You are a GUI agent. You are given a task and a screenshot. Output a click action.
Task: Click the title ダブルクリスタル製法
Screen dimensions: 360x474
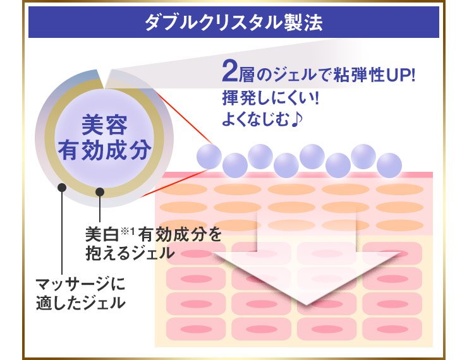tap(233, 23)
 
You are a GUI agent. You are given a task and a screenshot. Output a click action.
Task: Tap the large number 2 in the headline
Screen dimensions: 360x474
tap(228, 73)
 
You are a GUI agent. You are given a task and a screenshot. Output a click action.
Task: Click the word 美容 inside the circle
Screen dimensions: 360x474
tap(104, 125)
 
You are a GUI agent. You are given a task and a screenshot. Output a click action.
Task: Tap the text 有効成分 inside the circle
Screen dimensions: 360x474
tap(104, 151)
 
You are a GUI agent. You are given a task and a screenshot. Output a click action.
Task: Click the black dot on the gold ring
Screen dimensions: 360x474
tap(99, 191)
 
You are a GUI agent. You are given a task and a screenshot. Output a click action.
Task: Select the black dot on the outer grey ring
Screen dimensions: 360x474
tap(61, 187)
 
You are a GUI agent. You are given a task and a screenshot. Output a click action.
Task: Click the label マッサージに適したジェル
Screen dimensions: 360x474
tap(80, 292)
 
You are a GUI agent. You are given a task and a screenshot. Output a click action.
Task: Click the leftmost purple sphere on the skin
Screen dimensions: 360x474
tap(209, 155)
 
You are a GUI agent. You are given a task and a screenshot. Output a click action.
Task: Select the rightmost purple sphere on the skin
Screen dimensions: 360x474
tap(389, 166)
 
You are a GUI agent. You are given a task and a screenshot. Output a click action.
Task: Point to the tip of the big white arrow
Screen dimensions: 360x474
tap(306, 303)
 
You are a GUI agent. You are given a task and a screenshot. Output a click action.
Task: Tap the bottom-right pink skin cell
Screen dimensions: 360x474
tap(392, 329)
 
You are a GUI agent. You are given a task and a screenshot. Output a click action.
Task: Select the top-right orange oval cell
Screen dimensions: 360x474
tap(399, 189)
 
